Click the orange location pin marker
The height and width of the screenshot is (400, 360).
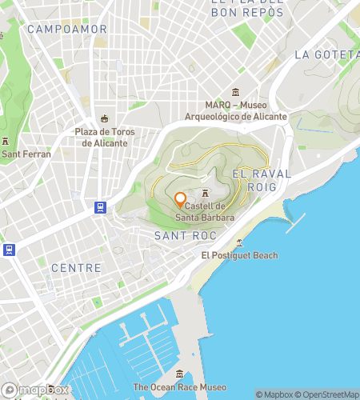(x=180, y=199)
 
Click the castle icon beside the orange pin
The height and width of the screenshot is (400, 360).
(x=206, y=193)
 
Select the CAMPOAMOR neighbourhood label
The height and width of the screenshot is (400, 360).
(x=67, y=29)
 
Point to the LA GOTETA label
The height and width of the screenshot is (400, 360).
(x=326, y=54)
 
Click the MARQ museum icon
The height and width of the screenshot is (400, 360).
(x=235, y=92)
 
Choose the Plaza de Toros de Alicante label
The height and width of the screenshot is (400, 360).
(x=104, y=138)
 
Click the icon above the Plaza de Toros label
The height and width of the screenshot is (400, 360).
(x=104, y=118)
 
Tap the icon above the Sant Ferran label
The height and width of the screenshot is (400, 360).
(x=6, y=141)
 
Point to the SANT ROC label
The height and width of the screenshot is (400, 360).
(x=182, y=235)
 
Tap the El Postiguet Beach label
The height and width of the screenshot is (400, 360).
(x=239, y=255)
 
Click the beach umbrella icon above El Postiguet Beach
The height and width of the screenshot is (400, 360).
(x=239, y=242)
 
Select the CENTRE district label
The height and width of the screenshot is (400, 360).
(x=76, y=268)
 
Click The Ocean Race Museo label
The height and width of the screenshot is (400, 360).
(x=180, y=387)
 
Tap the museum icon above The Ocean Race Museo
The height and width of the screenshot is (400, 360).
(x=180, y=374)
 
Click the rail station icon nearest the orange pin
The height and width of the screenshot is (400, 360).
(x=100, y=207)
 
